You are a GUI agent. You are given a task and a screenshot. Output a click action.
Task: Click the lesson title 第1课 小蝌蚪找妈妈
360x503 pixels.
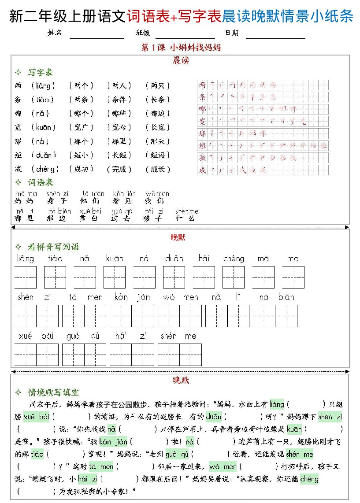click(x=181, y=48)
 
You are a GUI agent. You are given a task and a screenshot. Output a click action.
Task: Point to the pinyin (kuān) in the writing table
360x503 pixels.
click(x=43, y=127)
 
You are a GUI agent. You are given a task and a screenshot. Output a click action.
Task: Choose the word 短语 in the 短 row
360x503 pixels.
click(x=157, y=155)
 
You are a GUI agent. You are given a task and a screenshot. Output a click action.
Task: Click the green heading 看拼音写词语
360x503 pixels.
click(x=53, y=247)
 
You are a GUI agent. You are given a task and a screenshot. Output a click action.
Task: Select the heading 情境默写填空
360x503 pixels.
click(x=53, y=392)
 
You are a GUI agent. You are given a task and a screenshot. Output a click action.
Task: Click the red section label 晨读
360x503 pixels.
click(x=181, y=60)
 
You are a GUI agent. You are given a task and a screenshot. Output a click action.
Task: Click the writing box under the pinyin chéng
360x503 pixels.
click(x=233, y=277)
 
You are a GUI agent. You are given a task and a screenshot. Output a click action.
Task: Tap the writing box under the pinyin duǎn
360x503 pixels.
click(x=174, y=277)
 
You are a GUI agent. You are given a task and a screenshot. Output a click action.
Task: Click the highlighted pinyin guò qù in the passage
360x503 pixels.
click(x=177, y=454)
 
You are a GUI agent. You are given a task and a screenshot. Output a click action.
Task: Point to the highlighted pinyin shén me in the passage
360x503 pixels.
click(x=299, y=454)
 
